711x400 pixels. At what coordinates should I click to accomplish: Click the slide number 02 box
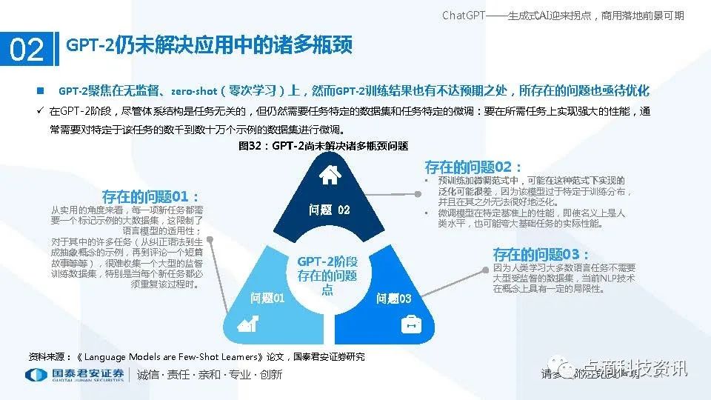[x=27, y=50]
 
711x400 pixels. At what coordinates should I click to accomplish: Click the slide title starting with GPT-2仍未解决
[x=210, y=46]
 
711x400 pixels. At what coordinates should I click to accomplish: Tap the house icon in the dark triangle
[x=329, y=175]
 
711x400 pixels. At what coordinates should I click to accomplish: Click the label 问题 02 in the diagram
[x=329, y=210]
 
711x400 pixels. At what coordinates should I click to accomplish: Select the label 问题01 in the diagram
[x=267, y=298]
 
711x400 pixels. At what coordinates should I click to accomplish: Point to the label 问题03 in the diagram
[x=393, y=299]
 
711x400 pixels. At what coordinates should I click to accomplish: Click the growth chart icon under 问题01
[x=247, y=324]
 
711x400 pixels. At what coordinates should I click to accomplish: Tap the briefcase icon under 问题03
[x=410, y=324]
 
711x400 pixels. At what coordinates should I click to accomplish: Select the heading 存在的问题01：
[x=151, y=197]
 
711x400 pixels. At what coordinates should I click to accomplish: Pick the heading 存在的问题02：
[x=473, y=167]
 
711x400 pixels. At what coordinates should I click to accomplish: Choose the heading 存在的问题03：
[x=541, y=253]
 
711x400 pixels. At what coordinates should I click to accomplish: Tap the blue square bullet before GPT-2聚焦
[x=41, y=91]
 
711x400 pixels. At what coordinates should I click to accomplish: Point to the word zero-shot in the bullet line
[x=194, y=91]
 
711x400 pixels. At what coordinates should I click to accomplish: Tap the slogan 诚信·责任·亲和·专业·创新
[x=210, y=375]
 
